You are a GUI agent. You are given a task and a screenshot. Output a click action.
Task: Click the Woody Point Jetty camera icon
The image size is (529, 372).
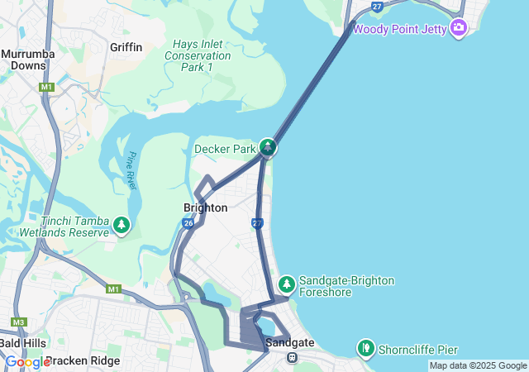(459, 29)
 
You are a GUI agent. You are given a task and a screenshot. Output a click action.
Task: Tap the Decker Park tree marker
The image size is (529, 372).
(268, 148)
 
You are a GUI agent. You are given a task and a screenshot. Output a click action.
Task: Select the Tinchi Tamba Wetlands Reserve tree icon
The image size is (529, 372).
(122, 225)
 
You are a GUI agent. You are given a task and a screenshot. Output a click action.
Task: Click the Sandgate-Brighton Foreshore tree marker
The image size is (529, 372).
(287, 284)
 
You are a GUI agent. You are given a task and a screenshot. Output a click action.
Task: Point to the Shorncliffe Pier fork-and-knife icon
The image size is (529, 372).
(365, 348)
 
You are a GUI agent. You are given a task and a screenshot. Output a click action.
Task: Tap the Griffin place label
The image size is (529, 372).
(126, 47)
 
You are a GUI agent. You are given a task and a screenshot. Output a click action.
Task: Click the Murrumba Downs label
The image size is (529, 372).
(29, 60)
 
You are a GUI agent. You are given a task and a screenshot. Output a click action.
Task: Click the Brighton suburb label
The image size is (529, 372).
(205, 207)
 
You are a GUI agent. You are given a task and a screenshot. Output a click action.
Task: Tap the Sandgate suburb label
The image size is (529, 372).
(289, 342)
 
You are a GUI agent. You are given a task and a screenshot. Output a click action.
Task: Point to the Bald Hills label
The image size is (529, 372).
(23, 342)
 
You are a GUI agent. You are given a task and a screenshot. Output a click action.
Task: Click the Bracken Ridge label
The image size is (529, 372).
(83, 361)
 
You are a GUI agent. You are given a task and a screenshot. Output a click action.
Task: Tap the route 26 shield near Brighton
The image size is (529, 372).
(188, 223)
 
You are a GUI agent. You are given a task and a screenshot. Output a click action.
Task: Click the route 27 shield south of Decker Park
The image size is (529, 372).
(257, 223)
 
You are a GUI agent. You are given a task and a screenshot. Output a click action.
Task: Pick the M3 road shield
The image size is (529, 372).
(19, 322)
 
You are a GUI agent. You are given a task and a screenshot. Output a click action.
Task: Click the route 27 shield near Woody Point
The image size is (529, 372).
(377, 7)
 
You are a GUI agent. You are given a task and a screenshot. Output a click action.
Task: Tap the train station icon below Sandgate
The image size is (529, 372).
(292, 357)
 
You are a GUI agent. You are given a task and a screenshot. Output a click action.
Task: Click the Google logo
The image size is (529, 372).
(26, 362)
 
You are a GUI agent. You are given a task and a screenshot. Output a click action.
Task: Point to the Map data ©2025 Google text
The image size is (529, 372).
(478, 365)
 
